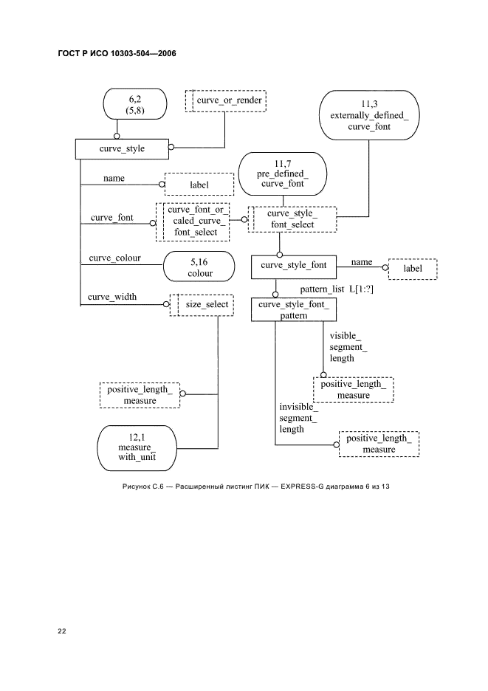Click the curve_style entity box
click(122, 148)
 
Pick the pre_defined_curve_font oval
click(283, 173)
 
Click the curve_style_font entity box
click(293, 267)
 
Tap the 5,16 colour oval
click(199, 267)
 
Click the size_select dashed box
click(202, 304)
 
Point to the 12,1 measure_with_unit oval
click(137, 447)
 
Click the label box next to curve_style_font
click(412, 269)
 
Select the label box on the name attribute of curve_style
click(199, 185)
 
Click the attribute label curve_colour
click(114, 258)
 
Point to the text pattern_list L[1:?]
click(337, 289)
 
